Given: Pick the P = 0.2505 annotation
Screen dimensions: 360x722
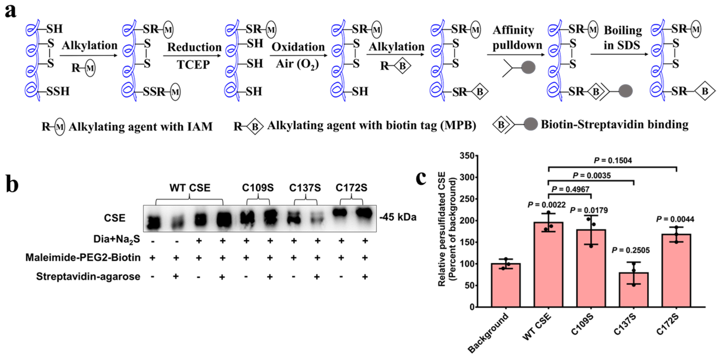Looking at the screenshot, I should click(x=630, y=250).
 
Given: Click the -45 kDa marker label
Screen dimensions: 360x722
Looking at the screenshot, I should click(x=398, y=217).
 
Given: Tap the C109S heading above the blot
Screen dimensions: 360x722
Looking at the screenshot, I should click(x=257, y=188).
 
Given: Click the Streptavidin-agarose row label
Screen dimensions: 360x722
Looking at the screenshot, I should click(x=88, y=277).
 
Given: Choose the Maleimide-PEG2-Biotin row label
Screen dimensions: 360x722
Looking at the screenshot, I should click(x=83, y=258).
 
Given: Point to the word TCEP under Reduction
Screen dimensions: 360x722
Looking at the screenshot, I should click(x=193, y=65).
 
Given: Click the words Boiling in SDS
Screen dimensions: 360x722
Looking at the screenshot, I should click(x=622, y=37).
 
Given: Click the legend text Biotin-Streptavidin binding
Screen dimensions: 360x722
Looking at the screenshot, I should click(x=614, y=124).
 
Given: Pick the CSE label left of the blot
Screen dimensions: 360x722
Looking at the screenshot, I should click(x=114, y=218).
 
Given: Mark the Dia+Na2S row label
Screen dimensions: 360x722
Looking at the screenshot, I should click(x=117, y=239).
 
